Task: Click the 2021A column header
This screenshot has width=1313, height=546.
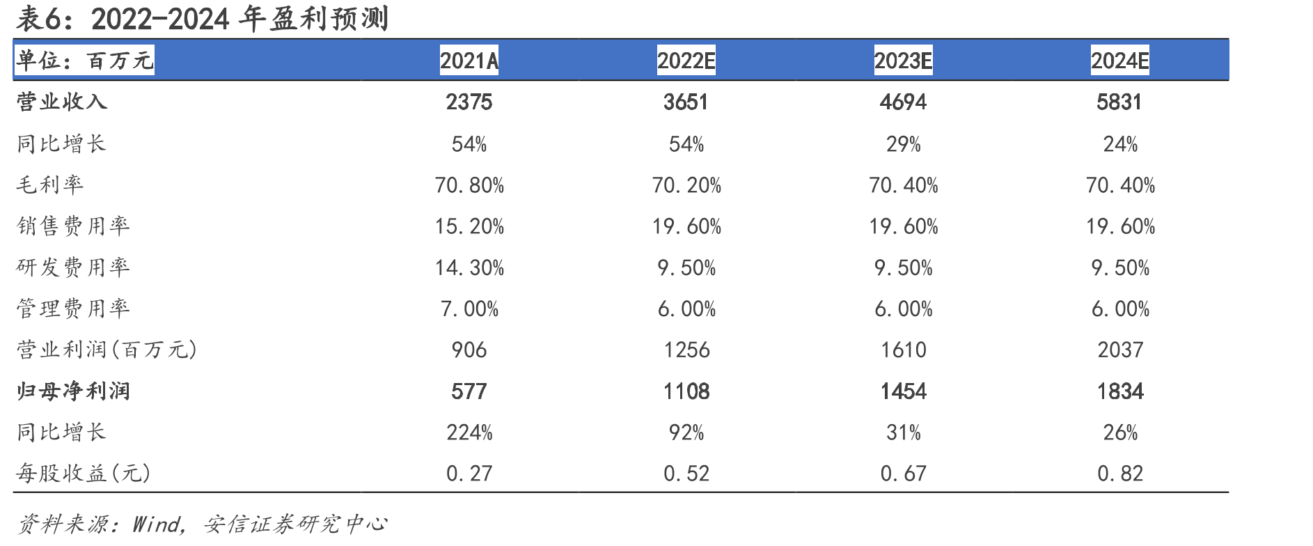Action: pos(469,61)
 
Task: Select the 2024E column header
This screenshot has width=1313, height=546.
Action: pos(1120,61)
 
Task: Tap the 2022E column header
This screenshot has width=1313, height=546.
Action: pos(686,61)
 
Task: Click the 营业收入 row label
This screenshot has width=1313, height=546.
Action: pos(62,102)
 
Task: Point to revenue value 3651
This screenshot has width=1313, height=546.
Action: pos(686,102)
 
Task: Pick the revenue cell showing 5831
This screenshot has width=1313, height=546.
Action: pos(1119,102)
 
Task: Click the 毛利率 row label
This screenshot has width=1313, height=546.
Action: pos(50,185)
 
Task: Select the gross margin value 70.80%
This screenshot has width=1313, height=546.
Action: pos(469,185)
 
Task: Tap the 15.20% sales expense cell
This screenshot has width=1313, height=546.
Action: pos(469,226)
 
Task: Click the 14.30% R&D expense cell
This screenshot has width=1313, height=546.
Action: pos(469,267)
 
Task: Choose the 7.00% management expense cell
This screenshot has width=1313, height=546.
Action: pos(469,309)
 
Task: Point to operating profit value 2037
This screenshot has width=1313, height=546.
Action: pos(1120,350)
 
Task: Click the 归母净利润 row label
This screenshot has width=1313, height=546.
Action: pos(73,391)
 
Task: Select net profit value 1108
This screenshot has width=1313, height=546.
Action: pos(686,391)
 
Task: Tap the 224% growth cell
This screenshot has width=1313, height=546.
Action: pos(469,432)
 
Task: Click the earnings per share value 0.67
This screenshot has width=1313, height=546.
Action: pos(904,474)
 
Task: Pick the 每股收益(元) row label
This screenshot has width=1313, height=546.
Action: pos(84,474)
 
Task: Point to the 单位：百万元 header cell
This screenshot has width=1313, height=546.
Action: pos(85,61)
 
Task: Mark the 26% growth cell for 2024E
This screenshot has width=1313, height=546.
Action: pos(1120,432)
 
